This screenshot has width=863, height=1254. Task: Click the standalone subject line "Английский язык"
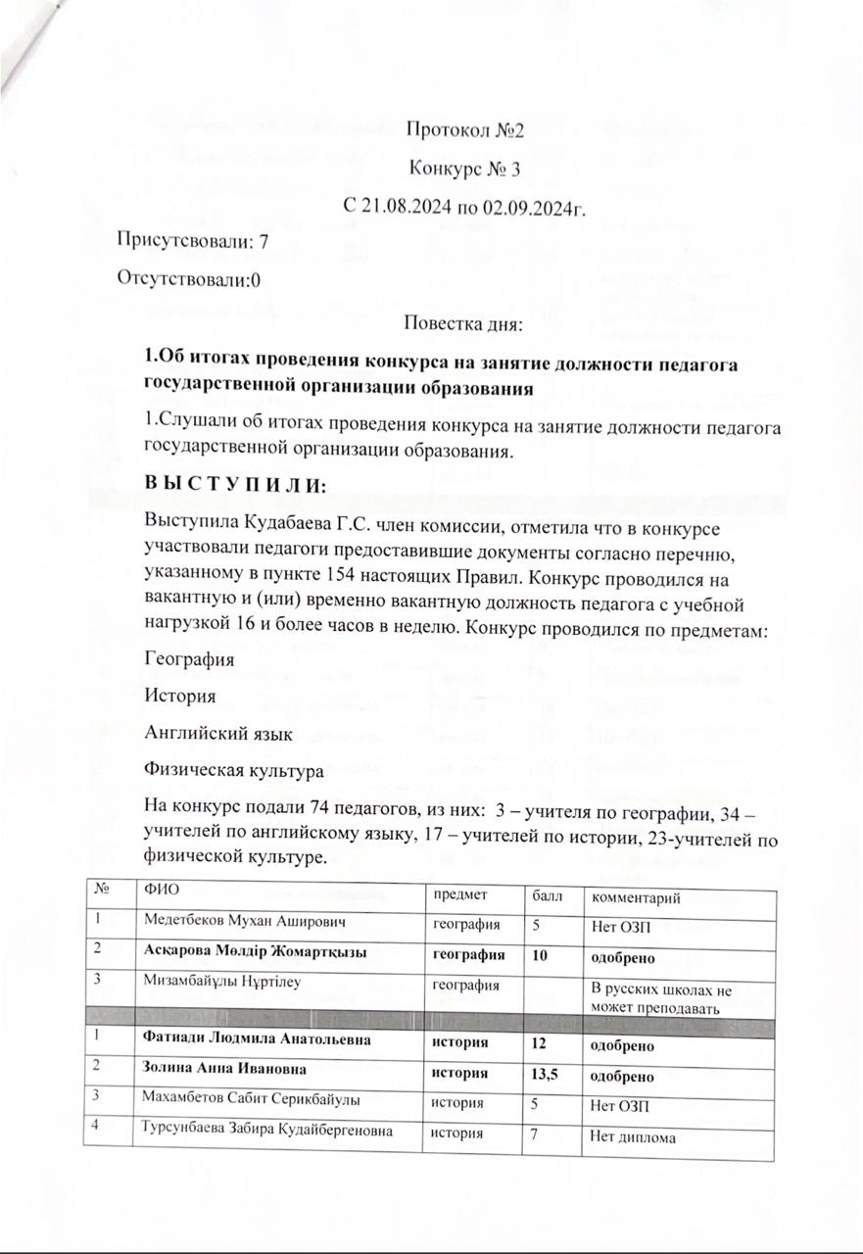(x=204, y=735)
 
